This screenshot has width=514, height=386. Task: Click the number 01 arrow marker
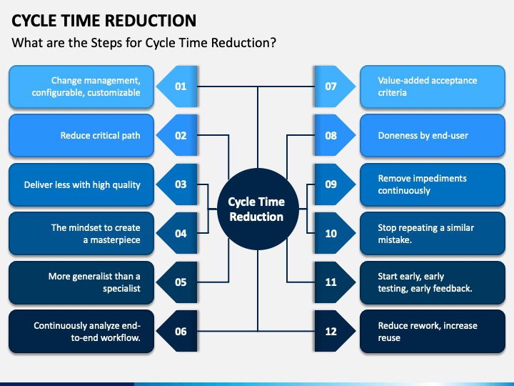pos(177,86)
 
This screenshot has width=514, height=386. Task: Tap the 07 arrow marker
pos(335,86)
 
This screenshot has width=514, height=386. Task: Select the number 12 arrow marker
pos(335,331)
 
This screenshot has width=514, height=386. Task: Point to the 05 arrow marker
pos(177,282)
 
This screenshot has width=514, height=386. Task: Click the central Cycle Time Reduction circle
pos(258,209)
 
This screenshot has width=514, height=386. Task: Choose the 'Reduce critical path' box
pos(81,136)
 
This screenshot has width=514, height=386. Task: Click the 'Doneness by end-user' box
pos(433,136)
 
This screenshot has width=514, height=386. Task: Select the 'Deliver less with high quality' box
pos(81,185)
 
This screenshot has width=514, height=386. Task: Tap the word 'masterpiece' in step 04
pos(115,240)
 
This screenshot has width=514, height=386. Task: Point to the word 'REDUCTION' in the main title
pos(151,20)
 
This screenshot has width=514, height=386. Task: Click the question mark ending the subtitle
pos(273,43)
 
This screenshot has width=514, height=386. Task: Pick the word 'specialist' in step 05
pos(121,289)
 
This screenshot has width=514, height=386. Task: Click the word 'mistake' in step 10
pos(393,239)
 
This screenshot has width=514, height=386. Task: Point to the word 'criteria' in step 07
pos(393,92)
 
